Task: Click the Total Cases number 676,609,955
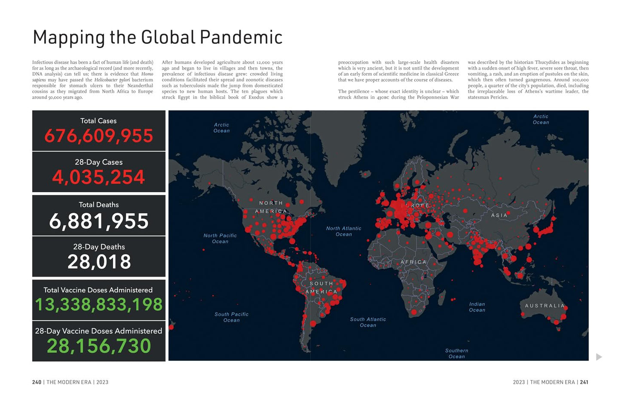coord(98,136)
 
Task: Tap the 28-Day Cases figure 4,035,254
coord(98,177)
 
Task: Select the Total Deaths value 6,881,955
coord(98,221)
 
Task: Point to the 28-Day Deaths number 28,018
coord(99,261)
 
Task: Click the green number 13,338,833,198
coord(98,304)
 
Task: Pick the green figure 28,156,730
coord(99,346)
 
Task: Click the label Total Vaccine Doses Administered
coord(98,290)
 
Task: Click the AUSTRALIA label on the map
coord(545,306)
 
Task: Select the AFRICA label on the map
coord(413,262)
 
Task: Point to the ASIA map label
coord(499,215)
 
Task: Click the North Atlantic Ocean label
coord(343,231)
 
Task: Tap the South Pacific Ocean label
coord(231,317)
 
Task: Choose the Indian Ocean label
coord(477,307)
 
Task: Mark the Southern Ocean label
coord(456,353)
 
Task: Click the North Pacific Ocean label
coord(220,239)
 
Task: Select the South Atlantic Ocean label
coord(368,322)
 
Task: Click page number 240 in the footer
coord(37,382)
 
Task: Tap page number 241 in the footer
coord(584,382)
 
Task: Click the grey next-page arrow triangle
coord(599,357)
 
